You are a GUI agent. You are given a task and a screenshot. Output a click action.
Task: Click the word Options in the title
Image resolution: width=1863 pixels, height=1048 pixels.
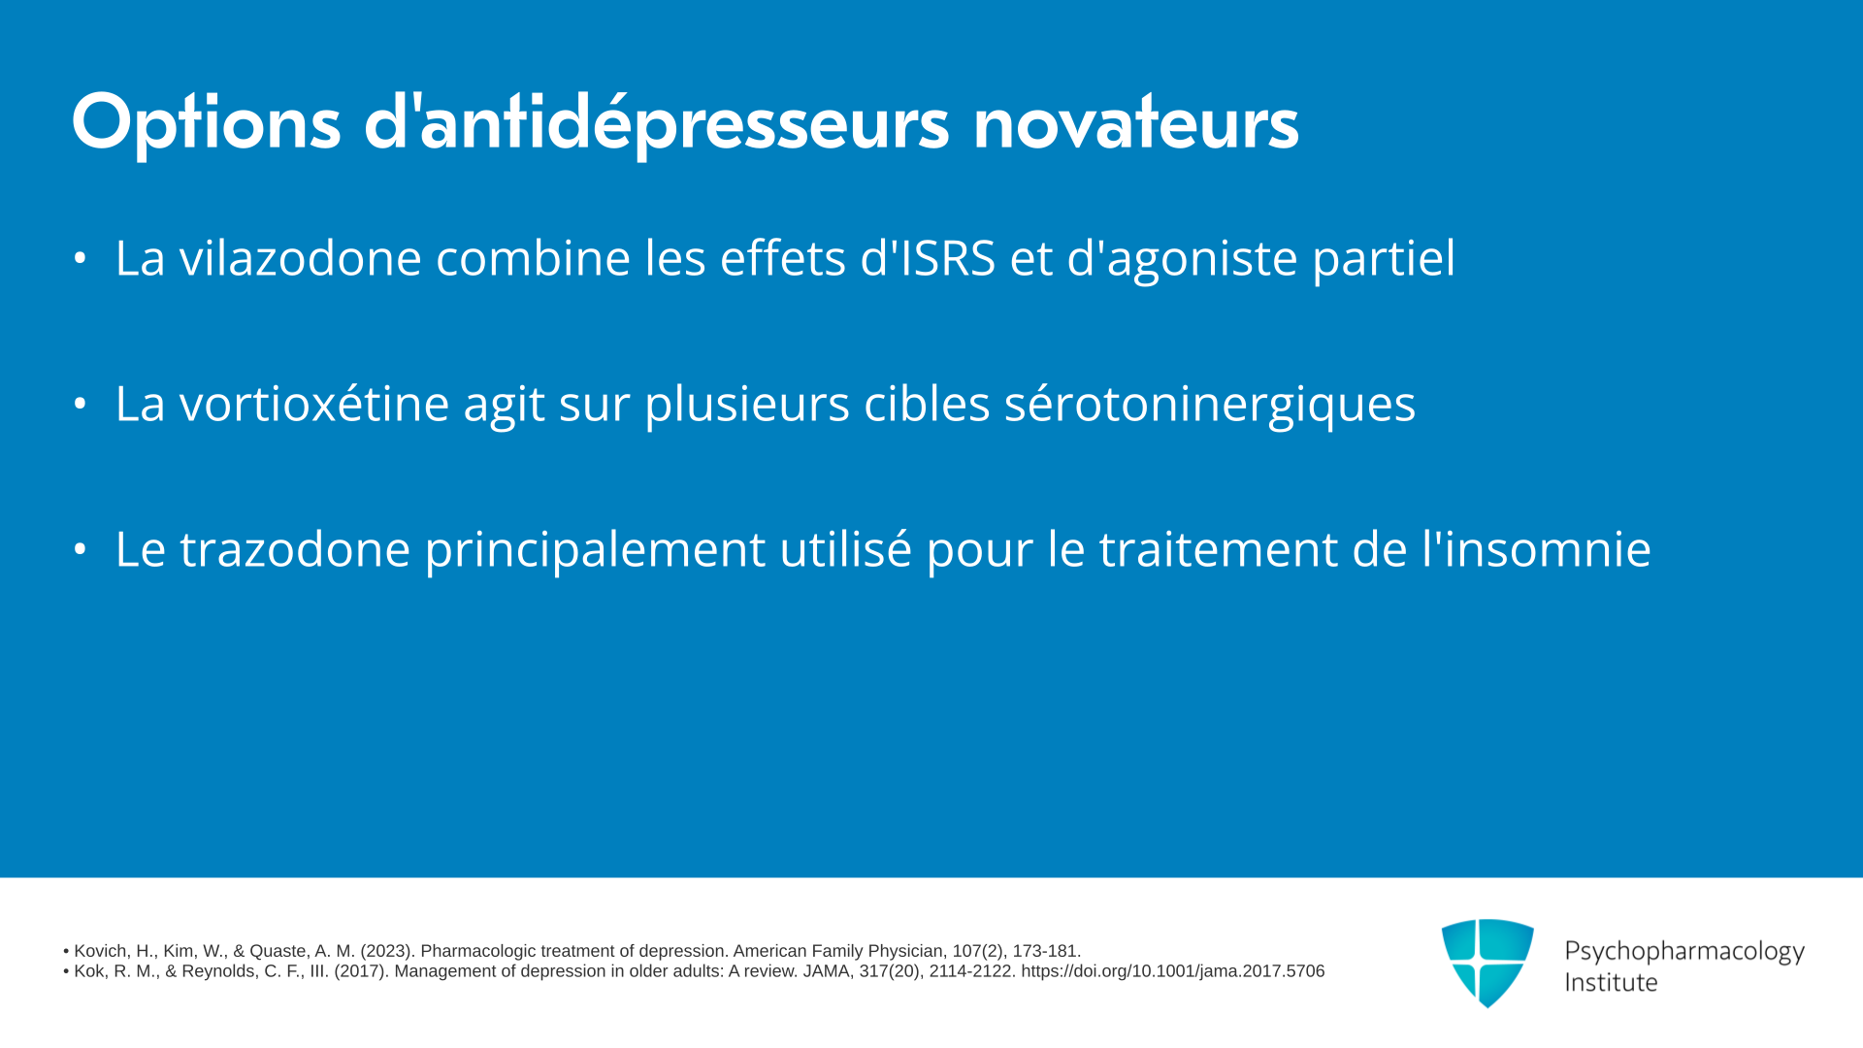[x=206, y=123]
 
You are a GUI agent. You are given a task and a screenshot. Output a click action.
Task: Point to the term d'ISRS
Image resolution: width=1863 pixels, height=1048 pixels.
[x=928, y=258]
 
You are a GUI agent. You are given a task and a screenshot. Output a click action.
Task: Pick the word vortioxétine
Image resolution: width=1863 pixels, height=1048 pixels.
[x=313, y=404]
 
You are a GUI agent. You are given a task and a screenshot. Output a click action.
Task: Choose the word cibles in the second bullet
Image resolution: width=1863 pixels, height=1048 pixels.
[x=927, y=404]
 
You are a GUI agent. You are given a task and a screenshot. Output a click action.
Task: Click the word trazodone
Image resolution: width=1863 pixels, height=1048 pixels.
[x=295, y=549]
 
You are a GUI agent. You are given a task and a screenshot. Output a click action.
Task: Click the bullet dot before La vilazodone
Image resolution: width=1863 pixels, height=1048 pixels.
[x=81, y=258]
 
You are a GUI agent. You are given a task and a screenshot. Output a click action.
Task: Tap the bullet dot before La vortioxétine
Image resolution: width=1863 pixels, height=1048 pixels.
[x=81, y=404]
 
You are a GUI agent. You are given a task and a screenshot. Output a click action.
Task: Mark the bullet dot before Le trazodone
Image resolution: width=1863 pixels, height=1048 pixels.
[x=81, y=549]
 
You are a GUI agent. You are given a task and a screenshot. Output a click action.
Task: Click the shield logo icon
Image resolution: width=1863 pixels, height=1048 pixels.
[x=1487, y=963]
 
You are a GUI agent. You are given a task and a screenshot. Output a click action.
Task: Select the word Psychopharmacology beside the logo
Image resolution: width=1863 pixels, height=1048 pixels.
[x=1684, y=952]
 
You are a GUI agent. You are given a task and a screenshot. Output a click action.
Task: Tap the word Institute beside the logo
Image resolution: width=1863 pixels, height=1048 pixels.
[x=1611, y=982]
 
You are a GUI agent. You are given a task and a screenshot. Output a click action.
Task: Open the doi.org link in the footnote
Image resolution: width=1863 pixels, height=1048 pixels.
[x=1172, y=971]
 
